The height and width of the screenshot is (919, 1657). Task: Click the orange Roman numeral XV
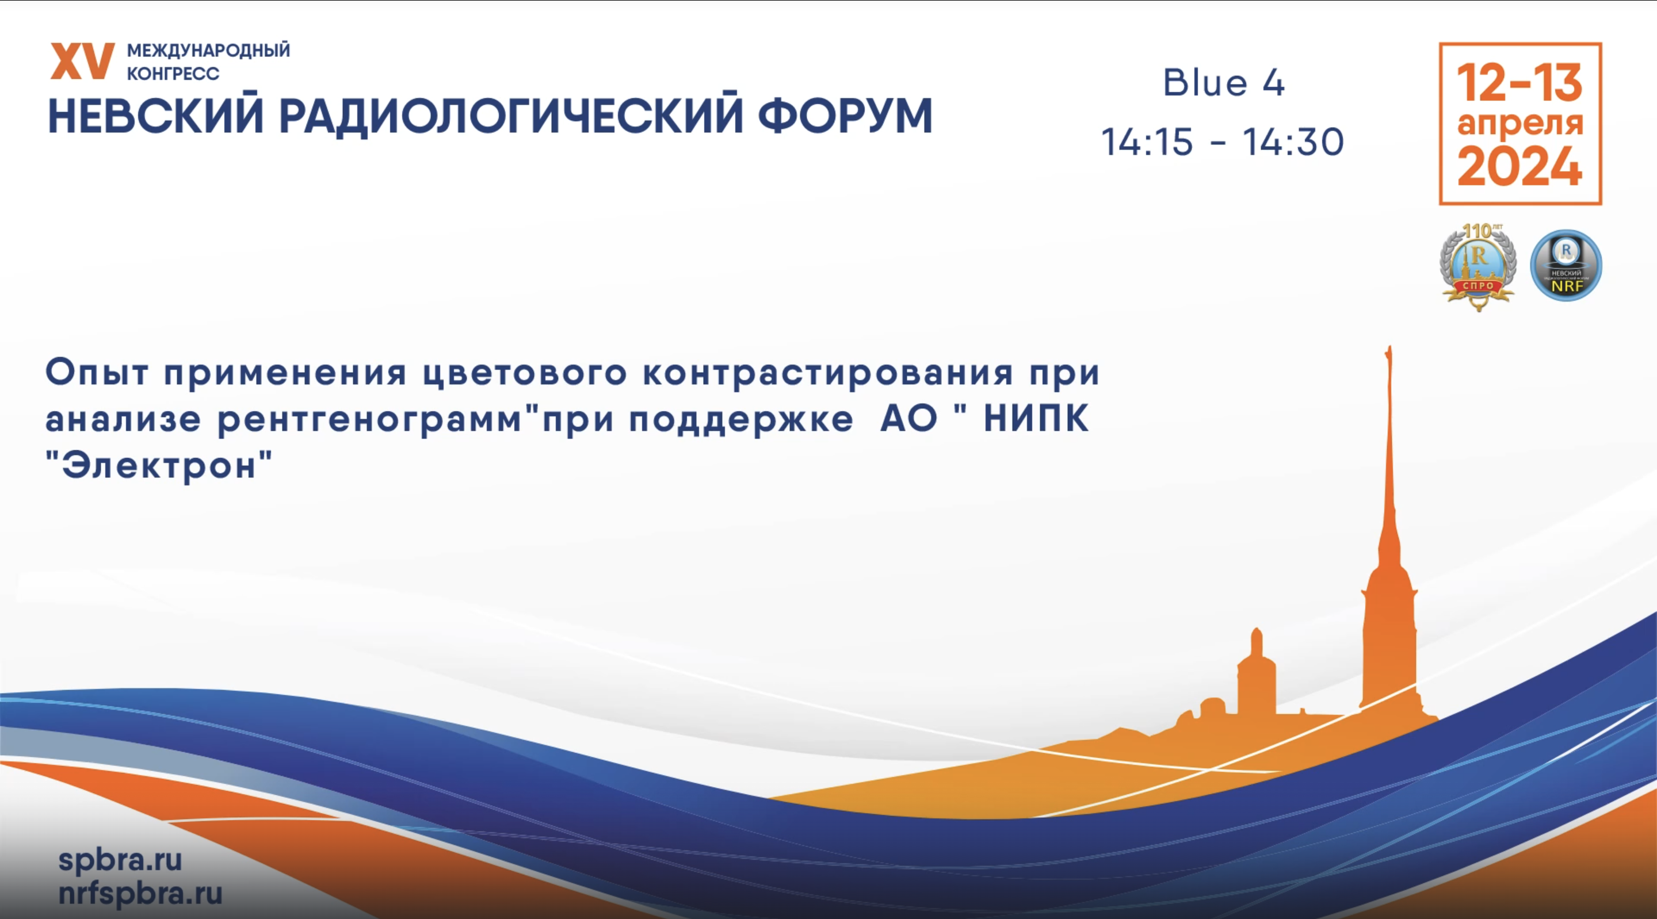[82, 62]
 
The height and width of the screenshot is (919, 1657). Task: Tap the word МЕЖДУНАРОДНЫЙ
[208, 50]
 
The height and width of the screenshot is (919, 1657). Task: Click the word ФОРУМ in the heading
[845, 116]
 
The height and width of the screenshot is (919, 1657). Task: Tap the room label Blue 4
[1223, 83]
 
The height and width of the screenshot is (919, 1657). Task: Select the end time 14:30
[1293, 142]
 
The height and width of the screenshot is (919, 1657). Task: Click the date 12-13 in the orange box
[1519, 83]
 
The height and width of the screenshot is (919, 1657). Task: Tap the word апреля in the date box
[1519, 124]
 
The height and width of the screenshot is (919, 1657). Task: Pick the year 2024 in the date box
[1519, 167]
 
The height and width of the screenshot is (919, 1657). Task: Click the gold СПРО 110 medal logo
[1477, 266]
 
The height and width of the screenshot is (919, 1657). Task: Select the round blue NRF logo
[1566, 266]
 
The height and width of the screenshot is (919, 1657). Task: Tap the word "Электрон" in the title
[159, 465]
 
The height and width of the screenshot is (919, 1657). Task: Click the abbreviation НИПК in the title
[1036, 419]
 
